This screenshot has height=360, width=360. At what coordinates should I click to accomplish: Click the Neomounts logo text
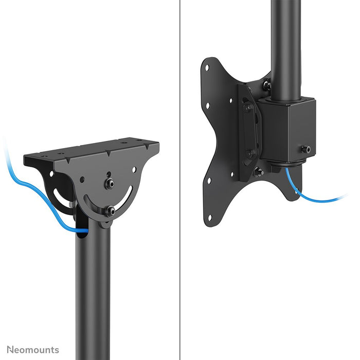(32, 350)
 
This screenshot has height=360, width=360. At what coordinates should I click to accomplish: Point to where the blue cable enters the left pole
(82, 231)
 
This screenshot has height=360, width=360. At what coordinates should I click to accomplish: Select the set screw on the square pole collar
(307, 149)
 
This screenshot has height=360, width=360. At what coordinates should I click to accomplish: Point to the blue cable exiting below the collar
(309, 197)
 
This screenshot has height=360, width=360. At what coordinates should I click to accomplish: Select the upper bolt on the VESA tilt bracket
(248, 109)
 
